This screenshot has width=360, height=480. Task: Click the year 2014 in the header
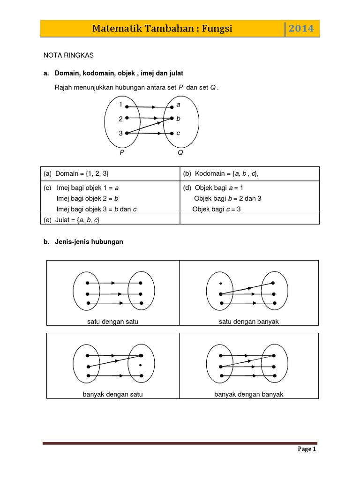[301, 29]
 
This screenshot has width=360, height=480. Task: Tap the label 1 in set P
[121, 104]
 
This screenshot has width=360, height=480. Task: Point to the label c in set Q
[178, 133]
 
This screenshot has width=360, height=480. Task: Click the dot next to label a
[172, 107]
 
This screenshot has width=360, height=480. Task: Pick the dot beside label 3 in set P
[127, 133]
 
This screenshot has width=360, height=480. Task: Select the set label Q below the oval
[180, 152]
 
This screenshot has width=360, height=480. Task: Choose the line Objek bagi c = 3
[217, 209]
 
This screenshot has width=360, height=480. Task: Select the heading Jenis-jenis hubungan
[89, 242]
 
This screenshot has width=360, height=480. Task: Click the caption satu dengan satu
[112, 322]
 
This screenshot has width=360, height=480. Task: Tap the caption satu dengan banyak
[249, 322]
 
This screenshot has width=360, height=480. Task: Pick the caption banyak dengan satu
[112, 394]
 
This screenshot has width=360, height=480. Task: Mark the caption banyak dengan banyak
[249, 394]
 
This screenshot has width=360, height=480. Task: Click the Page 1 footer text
[307, 449]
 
